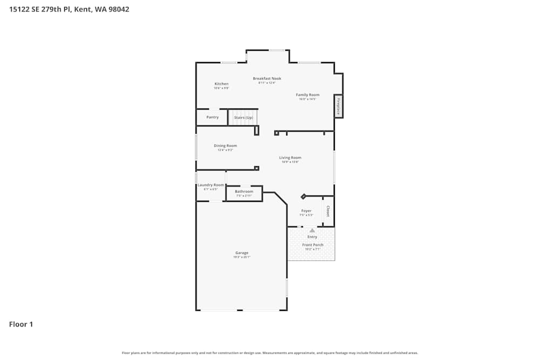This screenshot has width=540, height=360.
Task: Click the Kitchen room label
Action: tap(221, 84)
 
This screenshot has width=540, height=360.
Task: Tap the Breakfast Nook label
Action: tap(267, 78)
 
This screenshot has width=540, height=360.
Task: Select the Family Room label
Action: tap(307, 94)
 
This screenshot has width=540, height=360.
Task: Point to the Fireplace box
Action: tap(339, 106)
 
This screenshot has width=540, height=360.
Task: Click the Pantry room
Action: tap(212, 117)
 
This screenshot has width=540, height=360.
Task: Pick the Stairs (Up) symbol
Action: tap(243, 117)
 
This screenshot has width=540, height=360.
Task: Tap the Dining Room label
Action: tap(225, 145)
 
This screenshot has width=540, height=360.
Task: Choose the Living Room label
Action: tap(290, 158)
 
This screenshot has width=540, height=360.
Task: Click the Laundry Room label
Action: tap(211, 185)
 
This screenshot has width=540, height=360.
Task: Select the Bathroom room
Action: tap(244, 193)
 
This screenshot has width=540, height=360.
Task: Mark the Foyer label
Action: tap(306, 210)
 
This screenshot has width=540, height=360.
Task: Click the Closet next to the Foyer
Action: tap(328, 211)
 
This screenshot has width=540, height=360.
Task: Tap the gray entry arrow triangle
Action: tap(312, 230)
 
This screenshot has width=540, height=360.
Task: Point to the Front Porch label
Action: tap(313, 245)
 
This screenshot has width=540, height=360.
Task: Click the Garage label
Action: tap(241, 253)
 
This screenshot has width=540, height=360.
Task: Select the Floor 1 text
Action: tap(21, 324)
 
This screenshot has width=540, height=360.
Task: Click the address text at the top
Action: tap(69, 9)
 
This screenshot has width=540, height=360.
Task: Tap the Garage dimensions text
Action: tap(241, 257)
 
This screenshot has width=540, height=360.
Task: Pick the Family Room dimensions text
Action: tap(307, 99)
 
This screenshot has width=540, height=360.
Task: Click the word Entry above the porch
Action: tap(312, 237)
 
